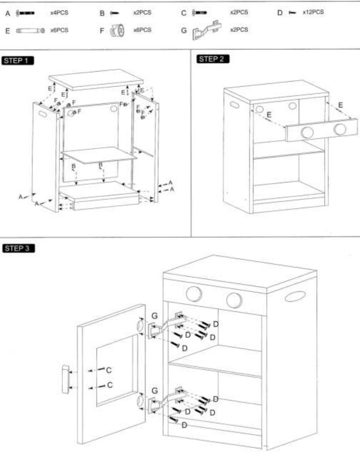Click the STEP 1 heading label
coord(18,61)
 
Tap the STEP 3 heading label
coord(18,249)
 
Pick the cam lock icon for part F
coord(117,31)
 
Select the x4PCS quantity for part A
coord(59,13)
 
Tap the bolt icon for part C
coord(199,13)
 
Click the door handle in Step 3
coord(65,379)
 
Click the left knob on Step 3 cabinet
coord(194,294)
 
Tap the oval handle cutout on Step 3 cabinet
coord(295,296)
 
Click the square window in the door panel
coord(117,370)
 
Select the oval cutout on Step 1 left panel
coord(43,113)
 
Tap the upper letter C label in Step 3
coord(109,370)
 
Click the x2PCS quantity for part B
coord(142,13)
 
